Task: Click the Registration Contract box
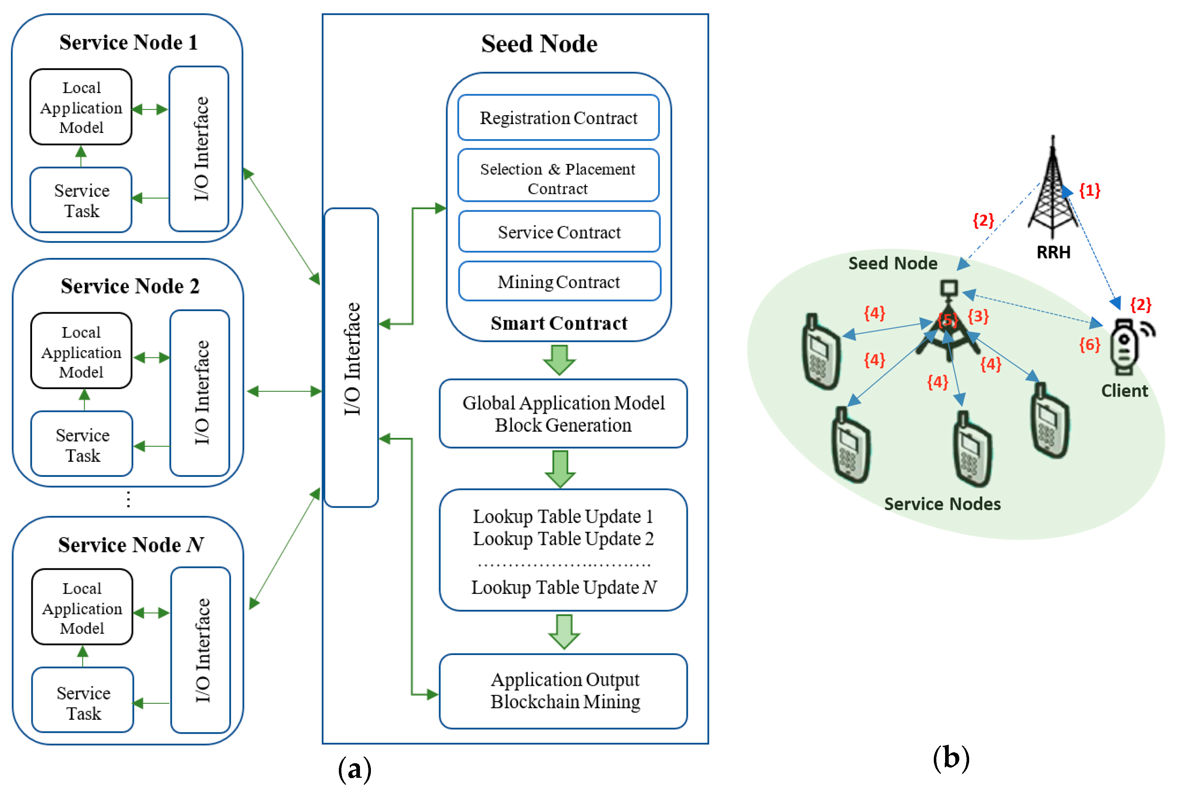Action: coord(558,118)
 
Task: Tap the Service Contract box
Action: coord(559,232)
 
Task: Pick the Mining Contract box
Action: coord(559,281)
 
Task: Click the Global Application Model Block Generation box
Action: coord(563,414)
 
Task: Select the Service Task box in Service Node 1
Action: coord(81,200)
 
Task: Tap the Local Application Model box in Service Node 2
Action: coord(81,351)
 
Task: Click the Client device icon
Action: coord(1125,348)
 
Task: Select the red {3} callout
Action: coord(978,316)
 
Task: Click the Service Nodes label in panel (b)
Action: coord(942,503)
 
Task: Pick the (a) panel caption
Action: coord(355,769)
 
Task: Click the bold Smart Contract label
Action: coord(559,323)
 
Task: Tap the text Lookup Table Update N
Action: coord(564,587)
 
